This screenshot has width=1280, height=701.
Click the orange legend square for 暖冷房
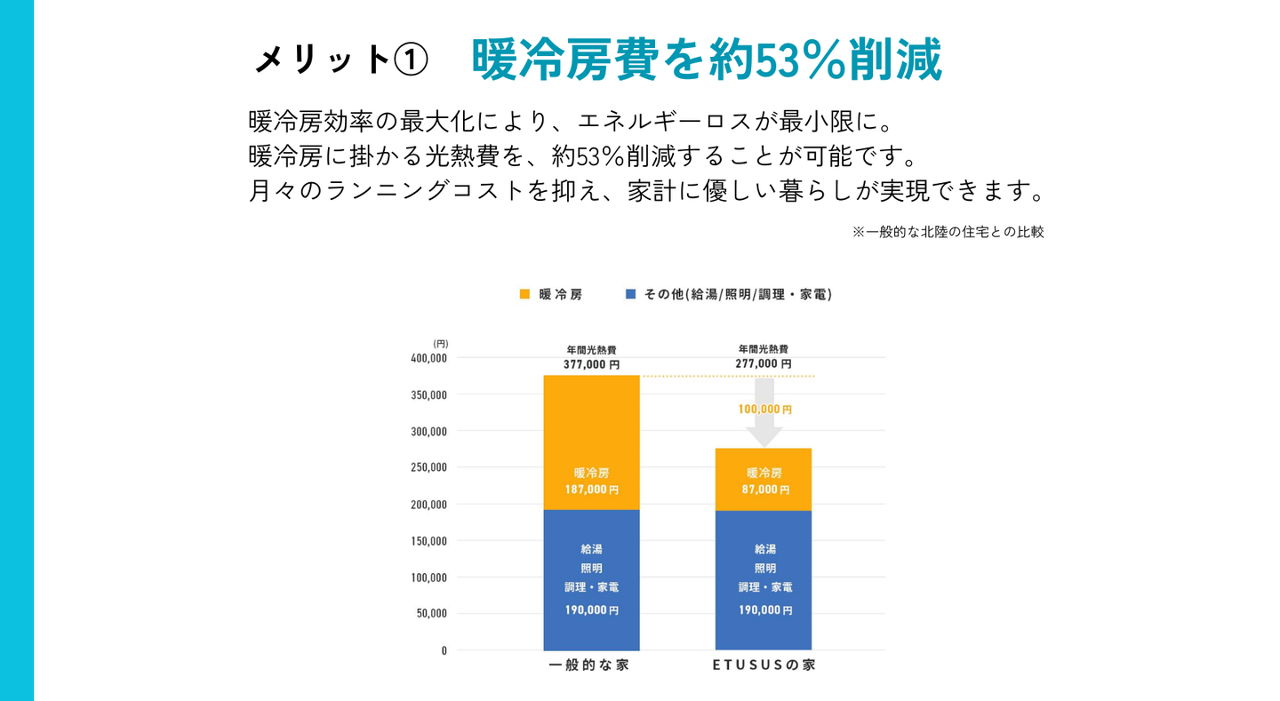[524, 294]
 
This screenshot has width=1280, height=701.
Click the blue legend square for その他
[630, 294]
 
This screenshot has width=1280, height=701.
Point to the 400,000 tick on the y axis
[428, 358]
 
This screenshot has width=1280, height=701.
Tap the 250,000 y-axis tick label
[428, 467]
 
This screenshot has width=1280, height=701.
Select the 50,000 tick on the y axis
[431, 614]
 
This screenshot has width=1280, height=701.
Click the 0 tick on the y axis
[444, 650]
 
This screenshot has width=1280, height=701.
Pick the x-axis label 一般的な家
[588, 665]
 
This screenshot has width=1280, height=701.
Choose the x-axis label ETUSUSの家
[764, 665]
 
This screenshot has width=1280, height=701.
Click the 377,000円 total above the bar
[591, 364]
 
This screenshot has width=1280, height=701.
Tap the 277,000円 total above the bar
[764, 364]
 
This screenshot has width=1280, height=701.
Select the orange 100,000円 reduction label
[764, 410]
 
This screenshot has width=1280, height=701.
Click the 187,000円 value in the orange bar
[591, 490]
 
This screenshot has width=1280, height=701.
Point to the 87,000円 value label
[764, 490]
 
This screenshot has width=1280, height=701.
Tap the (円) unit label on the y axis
[441, 343]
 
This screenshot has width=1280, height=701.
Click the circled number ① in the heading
[410, 60]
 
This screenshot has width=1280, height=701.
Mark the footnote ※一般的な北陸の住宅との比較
[948, 232]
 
